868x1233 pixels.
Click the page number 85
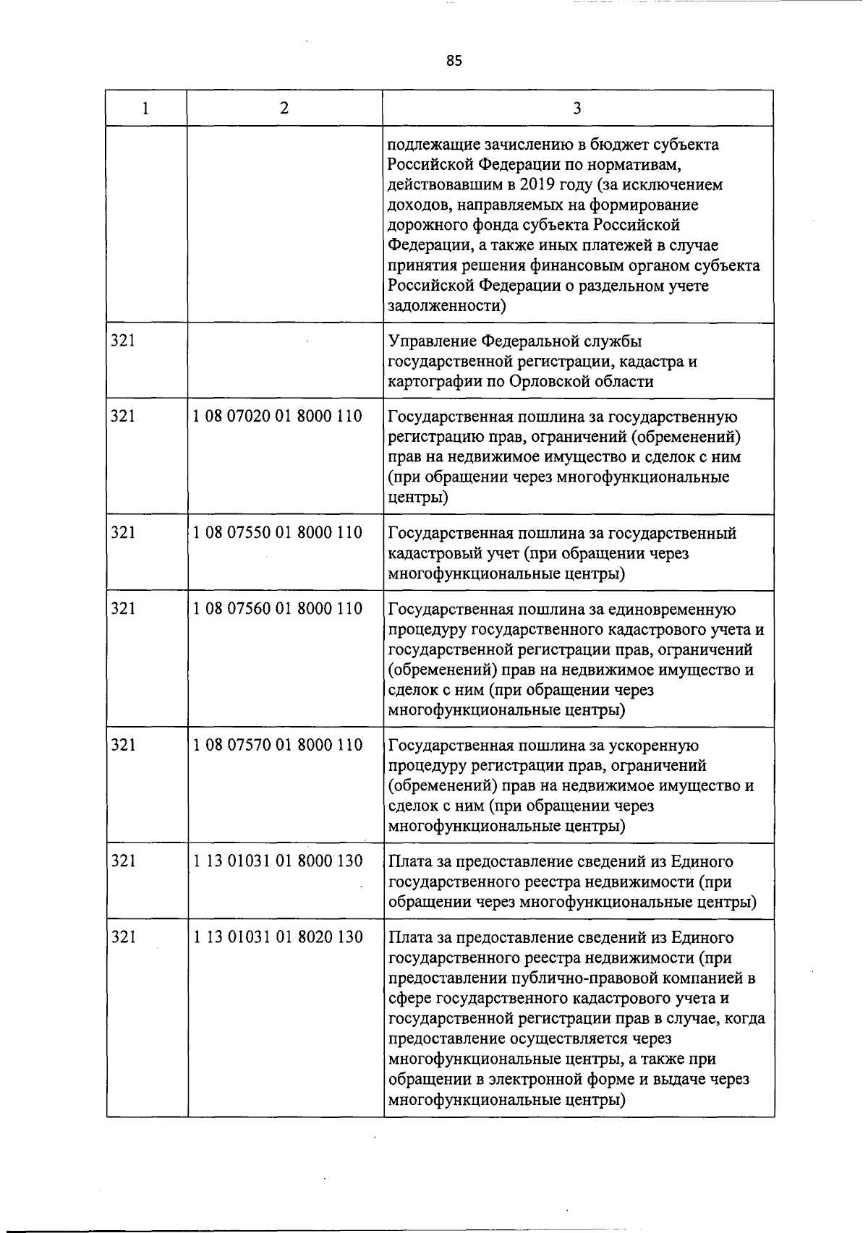[x=454, y=61]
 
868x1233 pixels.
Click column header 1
[x=146, y=108]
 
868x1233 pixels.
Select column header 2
[x=284, y=108]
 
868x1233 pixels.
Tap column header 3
[x=576, y=108]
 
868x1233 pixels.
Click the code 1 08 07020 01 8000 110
[x=278, y=417]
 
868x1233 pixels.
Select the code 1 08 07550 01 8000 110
[x=278, y=533]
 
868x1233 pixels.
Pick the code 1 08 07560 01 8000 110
[x=278, y=609]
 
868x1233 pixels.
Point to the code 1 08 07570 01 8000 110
[x=278, y=745]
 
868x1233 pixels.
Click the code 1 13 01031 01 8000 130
[x=278, y=861]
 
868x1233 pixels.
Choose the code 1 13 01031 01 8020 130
[x=278, y=937]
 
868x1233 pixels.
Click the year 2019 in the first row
[x=500, y=185]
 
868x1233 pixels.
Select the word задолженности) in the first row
[x=447, y=306]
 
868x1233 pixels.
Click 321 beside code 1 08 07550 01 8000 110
[x=123, y=533]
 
